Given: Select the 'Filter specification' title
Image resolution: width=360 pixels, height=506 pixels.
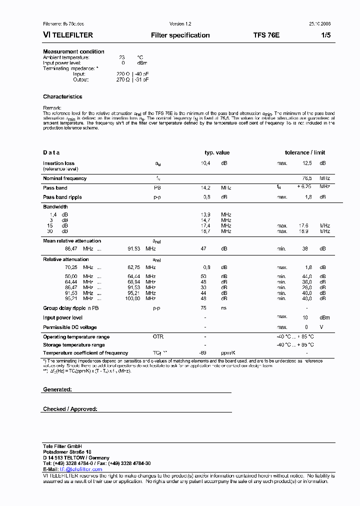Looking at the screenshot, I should (x=180, y=35).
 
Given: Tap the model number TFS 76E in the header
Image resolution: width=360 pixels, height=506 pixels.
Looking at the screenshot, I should (x=266, y=35).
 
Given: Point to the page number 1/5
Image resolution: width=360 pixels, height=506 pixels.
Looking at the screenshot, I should (x=325, y=35).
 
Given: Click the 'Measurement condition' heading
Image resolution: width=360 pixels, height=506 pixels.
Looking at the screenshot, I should (x=73, y=51).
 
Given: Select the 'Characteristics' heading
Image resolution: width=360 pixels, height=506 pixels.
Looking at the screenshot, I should (x=62, y=96).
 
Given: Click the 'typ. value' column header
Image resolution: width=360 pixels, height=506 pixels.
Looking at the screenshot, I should (x=217, y=153).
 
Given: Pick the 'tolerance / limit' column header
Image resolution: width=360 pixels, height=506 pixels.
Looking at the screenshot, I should (x=305, y=153).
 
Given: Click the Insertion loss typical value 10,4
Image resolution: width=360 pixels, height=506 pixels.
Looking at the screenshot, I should (x=205, y=163).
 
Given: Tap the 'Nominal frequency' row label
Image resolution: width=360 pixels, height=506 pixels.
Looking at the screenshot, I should (x=64, y=178).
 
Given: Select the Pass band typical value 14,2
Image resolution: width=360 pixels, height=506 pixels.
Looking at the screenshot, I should (x=205, y=188).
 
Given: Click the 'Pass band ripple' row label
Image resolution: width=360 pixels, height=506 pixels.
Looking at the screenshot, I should (x=62, y=197).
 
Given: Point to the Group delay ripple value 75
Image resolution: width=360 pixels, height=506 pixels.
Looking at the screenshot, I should (x=203, y=308).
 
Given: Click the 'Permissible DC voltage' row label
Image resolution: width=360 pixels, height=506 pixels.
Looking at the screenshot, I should (x=69, y=327).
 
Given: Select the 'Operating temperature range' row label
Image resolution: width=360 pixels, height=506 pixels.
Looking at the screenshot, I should (x=76, y=337).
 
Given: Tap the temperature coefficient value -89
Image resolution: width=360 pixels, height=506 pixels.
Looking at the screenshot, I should (x=202, y=353).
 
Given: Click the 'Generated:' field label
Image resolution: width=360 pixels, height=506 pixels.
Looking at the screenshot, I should (x=57, y=389).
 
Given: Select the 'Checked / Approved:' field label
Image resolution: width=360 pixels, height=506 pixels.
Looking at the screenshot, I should (x=70, y=409).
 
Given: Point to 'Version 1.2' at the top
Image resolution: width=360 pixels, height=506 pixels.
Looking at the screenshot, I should (x=180, y=24).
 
